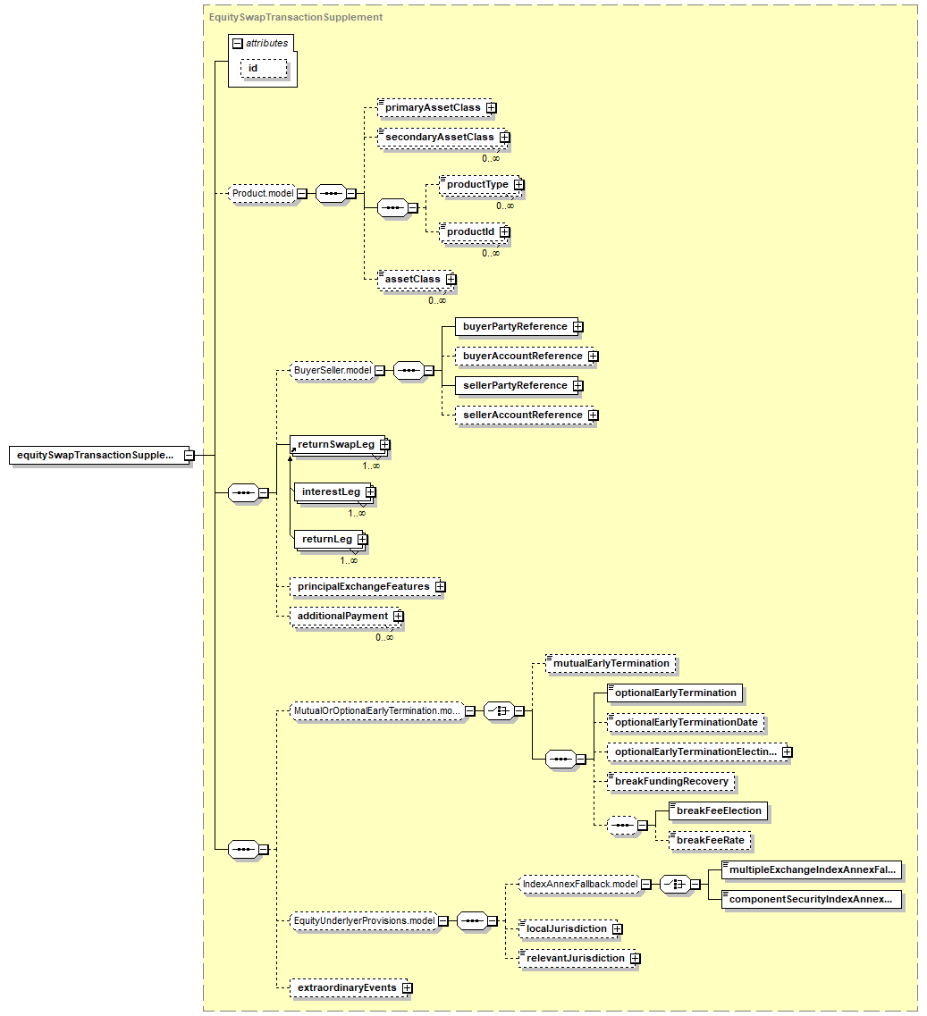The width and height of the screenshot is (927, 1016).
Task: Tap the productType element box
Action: [476, 184]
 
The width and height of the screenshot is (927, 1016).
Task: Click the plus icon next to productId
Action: [505, 231]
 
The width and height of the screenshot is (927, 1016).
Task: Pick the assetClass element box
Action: [411, 279]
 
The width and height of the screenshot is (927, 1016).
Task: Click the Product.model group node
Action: [263, 193]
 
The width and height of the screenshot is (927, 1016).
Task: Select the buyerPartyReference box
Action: [514, 326]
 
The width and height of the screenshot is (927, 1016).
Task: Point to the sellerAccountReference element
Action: [522, 415]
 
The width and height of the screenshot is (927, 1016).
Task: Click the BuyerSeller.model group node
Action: [333, 369]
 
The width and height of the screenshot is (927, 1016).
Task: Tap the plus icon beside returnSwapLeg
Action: [384, 444]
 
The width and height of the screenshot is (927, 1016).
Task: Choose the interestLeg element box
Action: [330, 491]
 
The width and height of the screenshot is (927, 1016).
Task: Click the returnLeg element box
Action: [326, 539]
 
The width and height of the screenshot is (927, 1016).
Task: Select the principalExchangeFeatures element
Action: [363, 587]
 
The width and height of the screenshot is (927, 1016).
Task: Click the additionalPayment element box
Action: [342, 616]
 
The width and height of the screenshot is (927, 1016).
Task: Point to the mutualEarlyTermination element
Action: [611, 663]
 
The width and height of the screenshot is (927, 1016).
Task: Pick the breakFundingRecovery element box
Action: [670, 781]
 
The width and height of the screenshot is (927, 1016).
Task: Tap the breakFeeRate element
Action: [710, 840]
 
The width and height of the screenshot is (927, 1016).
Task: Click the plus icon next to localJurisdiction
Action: [617, 928]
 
